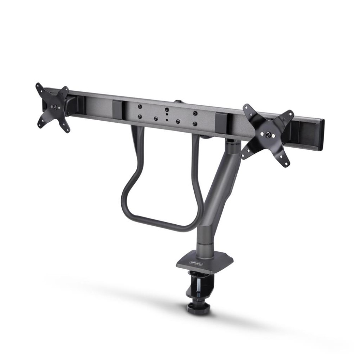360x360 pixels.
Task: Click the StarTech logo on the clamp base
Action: (196, 262)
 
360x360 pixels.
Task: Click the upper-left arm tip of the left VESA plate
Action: (38, 86)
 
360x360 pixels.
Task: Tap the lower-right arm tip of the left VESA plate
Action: (67, 130)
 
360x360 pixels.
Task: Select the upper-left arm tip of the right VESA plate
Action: (246, 107)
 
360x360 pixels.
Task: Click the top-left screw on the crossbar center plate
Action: (140, 106)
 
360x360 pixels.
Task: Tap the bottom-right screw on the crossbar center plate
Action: (194, 123)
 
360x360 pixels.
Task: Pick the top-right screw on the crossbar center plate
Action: (195, 113)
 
